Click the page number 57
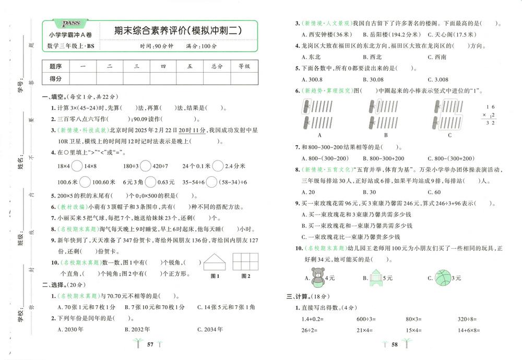point(150,344)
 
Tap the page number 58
point(395,344)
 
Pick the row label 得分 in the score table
point(55,78)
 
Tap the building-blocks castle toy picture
point(377,277)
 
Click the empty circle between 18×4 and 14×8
point(76,166)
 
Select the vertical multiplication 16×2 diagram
point(488,114)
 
